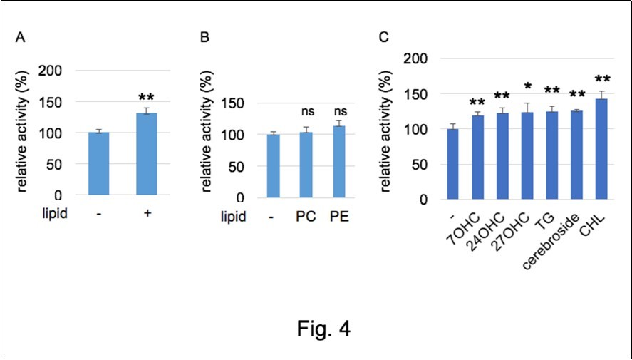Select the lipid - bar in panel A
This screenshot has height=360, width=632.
tap(98, 164)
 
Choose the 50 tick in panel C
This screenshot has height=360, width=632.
tap(422, 165)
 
